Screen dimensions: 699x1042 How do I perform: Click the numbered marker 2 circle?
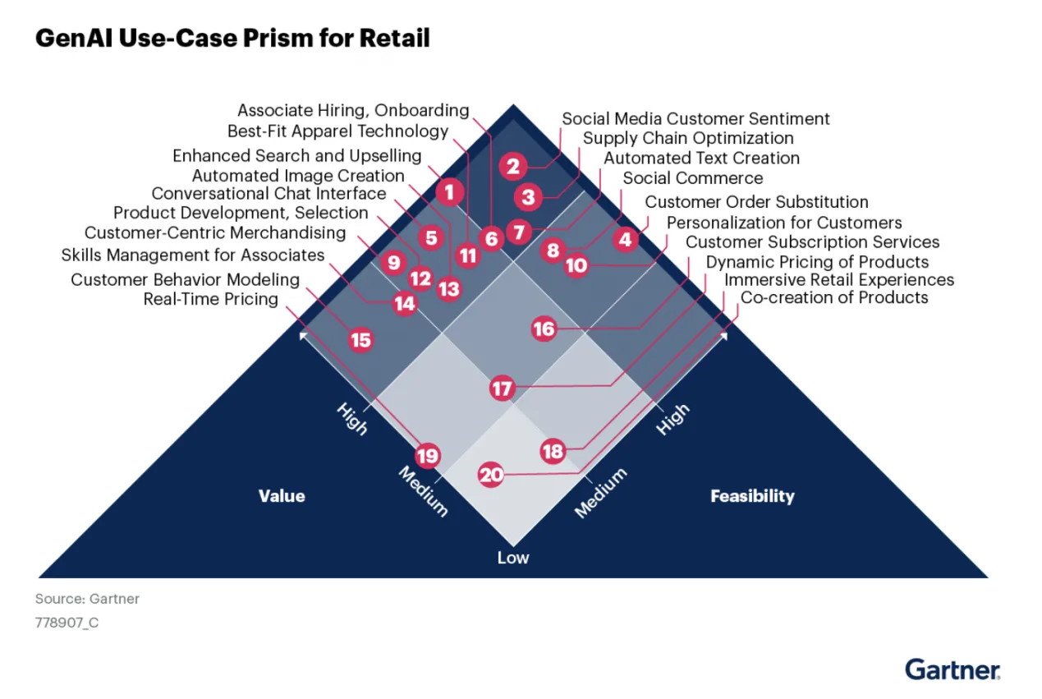pos(513,167)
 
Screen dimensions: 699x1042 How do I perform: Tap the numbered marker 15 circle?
pos(360,340)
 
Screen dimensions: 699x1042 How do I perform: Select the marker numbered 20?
pos(491,475)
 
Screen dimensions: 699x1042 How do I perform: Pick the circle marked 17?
pos(502,388)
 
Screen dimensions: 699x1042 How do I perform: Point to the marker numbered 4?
pos(626,239)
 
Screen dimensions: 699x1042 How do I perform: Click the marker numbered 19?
pos(427,456)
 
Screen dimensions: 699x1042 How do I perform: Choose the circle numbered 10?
pos(576,265)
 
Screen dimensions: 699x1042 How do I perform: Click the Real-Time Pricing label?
pos(211,299)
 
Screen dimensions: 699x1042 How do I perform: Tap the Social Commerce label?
pos(692,178)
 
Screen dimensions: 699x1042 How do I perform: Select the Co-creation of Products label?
pos(834,297)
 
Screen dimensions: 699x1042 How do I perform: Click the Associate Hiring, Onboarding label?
pos(353,110)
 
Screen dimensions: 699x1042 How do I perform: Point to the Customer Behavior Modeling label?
pos(185,279)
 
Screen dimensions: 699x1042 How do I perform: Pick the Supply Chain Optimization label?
pos(688,138)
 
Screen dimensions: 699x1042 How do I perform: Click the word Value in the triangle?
pos(282,495)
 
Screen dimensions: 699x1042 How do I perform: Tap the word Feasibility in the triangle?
pos(752,495)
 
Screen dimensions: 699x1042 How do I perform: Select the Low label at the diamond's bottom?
pos(513,558)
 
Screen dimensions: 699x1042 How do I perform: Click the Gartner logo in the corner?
pos(952,669)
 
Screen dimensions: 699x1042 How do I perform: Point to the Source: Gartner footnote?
pos(87,599)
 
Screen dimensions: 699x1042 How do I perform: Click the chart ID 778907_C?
pos(67,623)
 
